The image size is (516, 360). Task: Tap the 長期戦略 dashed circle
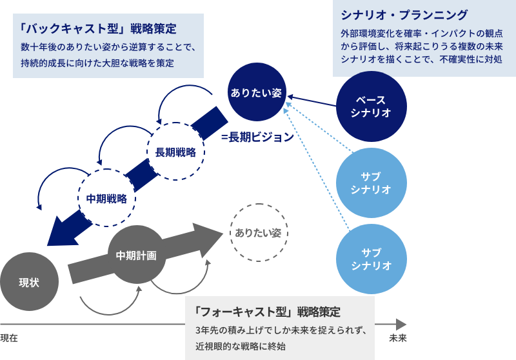pos(175,152)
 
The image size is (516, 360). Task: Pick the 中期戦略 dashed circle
pos(106,197)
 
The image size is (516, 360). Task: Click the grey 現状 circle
pos(30,283)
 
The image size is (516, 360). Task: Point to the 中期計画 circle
pos(136,255)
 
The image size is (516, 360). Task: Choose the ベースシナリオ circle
pos(371,106)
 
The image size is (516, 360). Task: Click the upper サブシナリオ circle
pos(371,183)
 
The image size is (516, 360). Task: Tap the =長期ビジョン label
pos(257,137)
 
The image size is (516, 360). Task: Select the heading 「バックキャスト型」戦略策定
pos(98,30)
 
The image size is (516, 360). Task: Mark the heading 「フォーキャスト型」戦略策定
pos(267,311)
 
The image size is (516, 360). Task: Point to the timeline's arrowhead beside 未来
pos(401,324)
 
